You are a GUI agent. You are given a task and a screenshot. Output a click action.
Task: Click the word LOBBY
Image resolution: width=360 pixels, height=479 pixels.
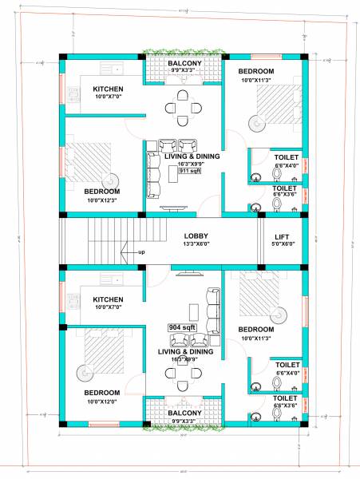(x=196, y=236)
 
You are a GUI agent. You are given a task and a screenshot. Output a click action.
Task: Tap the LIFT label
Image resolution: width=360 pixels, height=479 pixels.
(x=283, y=237)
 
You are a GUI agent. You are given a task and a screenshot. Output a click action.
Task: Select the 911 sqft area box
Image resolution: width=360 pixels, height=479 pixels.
(x=189, y=171)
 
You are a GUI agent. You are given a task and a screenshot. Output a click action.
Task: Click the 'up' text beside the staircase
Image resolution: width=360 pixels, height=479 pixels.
(x=141, y=252)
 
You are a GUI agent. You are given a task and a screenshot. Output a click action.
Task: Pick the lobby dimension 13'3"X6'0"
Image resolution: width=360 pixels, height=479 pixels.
(x=196, y=245)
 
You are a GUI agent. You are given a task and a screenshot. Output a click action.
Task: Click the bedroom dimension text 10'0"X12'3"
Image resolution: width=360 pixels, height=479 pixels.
(x=103, y=200)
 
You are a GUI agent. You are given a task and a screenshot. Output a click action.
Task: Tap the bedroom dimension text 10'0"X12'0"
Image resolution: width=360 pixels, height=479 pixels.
(x=103, y=401)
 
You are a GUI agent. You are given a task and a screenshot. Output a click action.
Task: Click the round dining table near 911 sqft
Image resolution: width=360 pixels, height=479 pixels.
(x=183, y=107)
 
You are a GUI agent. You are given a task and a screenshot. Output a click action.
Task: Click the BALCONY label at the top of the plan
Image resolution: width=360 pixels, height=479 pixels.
(x=184, y=62)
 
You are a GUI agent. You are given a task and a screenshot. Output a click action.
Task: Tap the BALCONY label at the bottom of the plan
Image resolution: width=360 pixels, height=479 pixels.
(x=183, y=413)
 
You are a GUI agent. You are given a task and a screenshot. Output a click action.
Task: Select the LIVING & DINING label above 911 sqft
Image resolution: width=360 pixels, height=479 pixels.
(x=191, y=156)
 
